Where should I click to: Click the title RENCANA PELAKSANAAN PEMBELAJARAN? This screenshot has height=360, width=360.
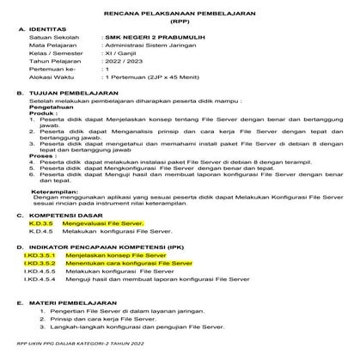click(180, 15)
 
